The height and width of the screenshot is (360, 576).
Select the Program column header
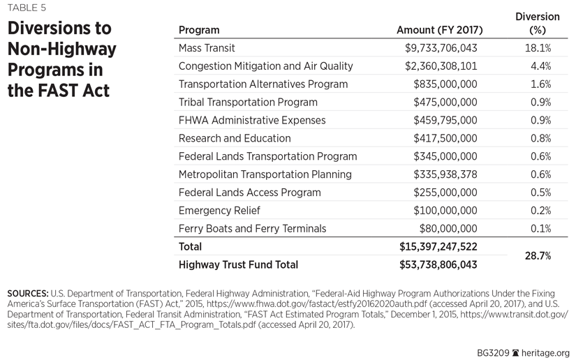199,30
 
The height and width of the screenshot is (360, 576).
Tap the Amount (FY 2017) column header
439,30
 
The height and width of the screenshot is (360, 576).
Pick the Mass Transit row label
207,48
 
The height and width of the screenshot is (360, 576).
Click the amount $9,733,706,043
441,48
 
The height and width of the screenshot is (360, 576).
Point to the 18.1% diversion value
538,48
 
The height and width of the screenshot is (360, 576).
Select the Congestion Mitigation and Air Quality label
265,66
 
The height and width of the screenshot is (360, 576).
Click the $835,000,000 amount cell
445,84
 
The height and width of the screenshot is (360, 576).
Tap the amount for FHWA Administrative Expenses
445,120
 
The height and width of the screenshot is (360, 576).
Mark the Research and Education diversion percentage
538,138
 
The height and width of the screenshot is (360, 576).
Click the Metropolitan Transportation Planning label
265,174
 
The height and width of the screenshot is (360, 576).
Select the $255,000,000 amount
445,193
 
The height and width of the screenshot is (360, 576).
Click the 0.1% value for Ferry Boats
538,229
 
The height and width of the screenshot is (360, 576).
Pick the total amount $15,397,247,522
438,247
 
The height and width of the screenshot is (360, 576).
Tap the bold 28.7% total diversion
538,256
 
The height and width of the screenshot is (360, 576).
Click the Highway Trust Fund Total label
238,265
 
